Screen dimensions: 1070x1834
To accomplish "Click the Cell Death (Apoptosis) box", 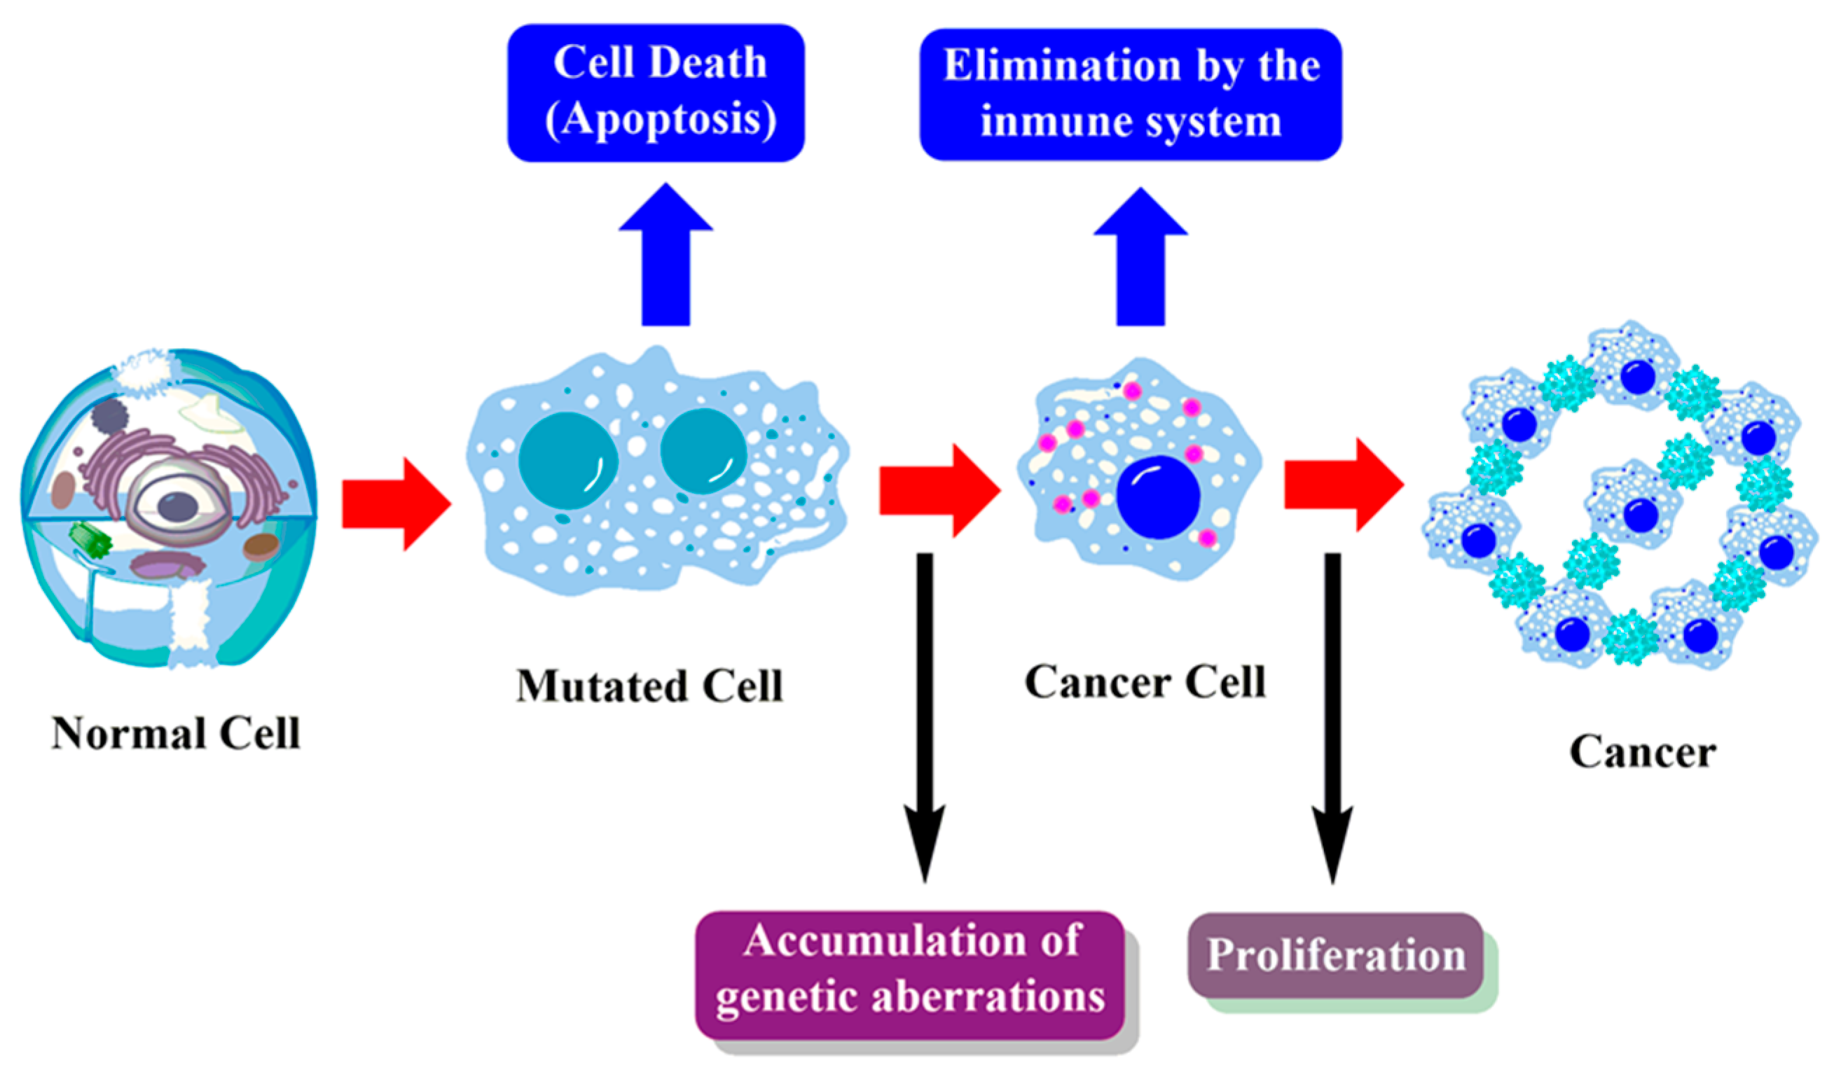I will (656, 92).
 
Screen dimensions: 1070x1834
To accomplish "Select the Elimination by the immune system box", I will (1130, 94).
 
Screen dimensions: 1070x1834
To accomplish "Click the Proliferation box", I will (1335, 955).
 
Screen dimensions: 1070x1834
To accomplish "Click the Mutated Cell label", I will (649, 686).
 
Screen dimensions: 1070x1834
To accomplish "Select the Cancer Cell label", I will (1145, 682).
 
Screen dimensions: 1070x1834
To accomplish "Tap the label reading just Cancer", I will (1643, 752).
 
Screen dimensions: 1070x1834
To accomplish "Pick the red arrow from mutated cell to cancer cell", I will (939, 491).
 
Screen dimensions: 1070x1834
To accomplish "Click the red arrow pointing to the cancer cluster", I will (1343, 485).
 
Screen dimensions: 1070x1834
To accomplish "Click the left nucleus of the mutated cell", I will (567, 459).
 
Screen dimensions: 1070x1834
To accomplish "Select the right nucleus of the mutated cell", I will (703, 451).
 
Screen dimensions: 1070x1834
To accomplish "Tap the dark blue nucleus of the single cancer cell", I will (1158, 496).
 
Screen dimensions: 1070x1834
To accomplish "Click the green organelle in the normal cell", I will (90, 541).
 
